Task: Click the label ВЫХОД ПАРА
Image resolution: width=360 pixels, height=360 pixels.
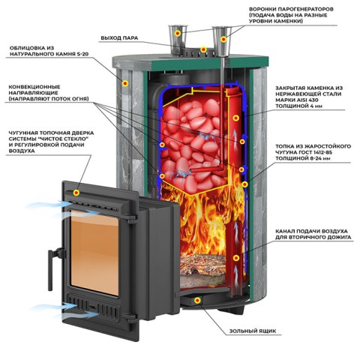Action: (119, 38)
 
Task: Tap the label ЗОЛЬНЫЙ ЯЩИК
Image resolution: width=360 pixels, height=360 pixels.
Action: (253, 331)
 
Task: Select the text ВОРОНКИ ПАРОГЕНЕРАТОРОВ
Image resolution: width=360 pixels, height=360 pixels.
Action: (291, 9)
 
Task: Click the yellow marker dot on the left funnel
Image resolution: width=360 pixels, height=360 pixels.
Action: (178, 33)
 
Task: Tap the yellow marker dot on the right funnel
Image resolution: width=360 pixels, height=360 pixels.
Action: (223, 39)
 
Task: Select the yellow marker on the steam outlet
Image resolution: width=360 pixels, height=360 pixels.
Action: (203, 49)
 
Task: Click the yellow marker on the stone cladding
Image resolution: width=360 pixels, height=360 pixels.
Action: (125, 83)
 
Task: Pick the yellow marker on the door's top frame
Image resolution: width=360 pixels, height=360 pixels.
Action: (76, 193)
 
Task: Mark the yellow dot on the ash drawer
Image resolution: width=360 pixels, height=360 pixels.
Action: (198, 300)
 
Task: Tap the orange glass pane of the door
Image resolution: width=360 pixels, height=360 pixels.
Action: (94, 253)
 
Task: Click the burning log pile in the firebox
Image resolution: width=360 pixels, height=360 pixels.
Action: (204, 265)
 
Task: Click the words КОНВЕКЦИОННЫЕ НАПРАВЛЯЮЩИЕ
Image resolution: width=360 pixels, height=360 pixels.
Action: (34, 90)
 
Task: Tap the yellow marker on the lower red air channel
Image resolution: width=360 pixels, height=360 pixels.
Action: (236, 258)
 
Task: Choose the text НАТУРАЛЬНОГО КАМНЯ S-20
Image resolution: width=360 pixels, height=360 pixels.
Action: (49, 54)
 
